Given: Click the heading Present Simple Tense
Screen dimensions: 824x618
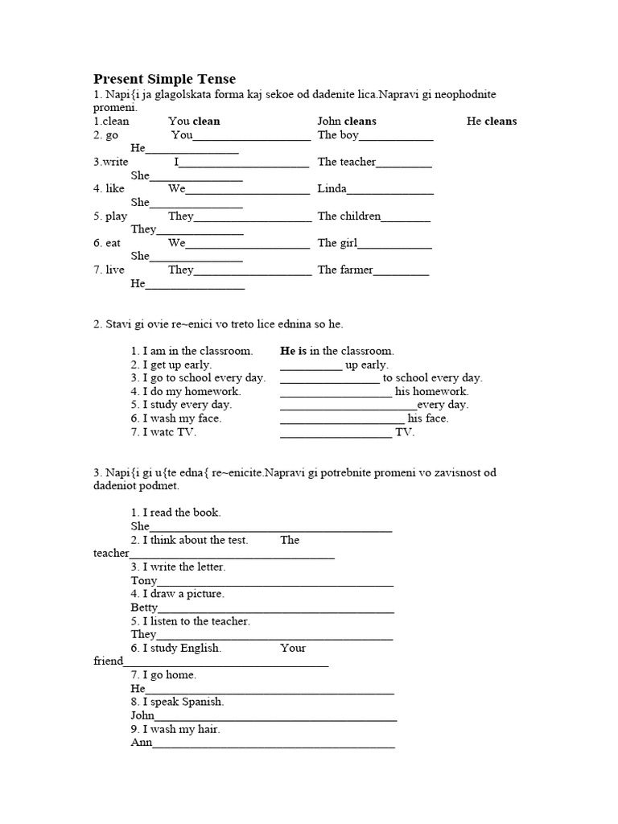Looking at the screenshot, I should [165, 79].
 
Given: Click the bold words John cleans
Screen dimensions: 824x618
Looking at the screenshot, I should [347, 122].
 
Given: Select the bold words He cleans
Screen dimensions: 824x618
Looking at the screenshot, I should [492, 122].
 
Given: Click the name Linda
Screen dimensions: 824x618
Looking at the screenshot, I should [332, 189].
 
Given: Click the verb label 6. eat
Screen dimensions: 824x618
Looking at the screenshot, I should [107, 243].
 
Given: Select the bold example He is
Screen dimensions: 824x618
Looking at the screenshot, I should [294, 352].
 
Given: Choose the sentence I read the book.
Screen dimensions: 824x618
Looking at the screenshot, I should [175, 513].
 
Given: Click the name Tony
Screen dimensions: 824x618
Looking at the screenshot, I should [144, 581].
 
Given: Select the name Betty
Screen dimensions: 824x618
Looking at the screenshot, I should [145, 608].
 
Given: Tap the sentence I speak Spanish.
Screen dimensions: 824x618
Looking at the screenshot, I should [177, 702].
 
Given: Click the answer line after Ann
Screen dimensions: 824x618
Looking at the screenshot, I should [274, 744].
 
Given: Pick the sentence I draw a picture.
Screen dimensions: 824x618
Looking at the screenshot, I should [177, 594].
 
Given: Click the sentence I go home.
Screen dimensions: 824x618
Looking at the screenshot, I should [163, 675].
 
